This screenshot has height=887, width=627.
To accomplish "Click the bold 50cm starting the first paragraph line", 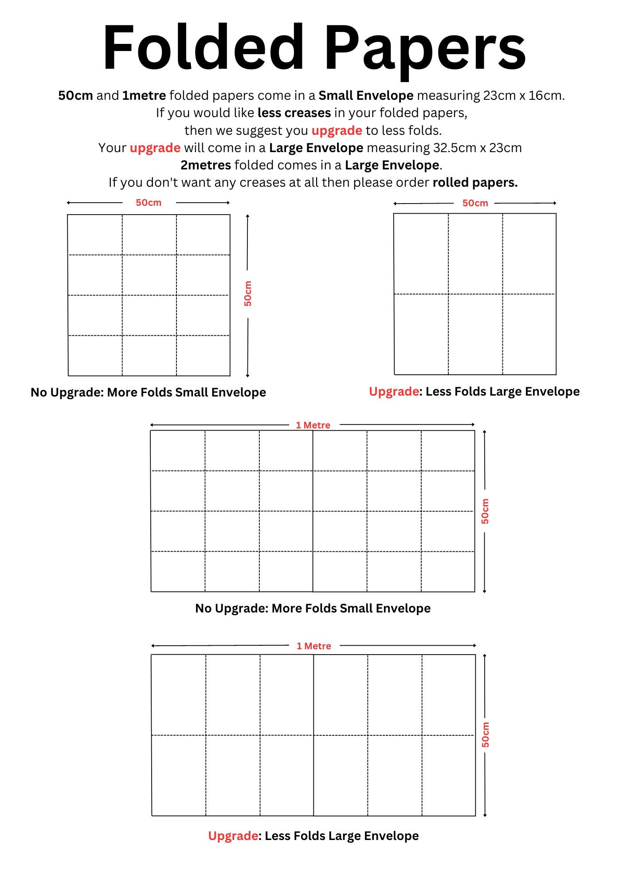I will click(x=75, y=95).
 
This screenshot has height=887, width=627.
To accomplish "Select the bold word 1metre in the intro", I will click(x=144, y=95).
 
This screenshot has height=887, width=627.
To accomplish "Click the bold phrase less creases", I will click(x=294, y=113).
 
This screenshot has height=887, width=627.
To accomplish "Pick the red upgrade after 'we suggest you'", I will click(x=337, y=130).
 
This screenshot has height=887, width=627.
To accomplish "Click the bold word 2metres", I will click(x=206, y=165).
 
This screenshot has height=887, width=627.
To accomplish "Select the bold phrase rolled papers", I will click(x=475, y=182).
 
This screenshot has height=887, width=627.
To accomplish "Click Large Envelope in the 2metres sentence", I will click(x=392, y=165).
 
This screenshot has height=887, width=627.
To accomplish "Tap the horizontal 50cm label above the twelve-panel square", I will click(x=149, y=203).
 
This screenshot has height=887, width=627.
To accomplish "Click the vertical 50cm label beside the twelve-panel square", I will click(x=248, y=294).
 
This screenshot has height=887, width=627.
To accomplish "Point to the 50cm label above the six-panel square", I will click(x=475, y=203).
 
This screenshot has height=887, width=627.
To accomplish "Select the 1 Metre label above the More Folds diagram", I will click(x=313, y=425).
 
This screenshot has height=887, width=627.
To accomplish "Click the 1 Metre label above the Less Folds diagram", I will click(x=314, y=646).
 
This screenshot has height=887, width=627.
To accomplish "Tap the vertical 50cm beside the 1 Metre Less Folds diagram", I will click(x=486, y=734).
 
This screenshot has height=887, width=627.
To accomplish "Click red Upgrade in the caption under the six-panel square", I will click(x=394, y=392).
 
